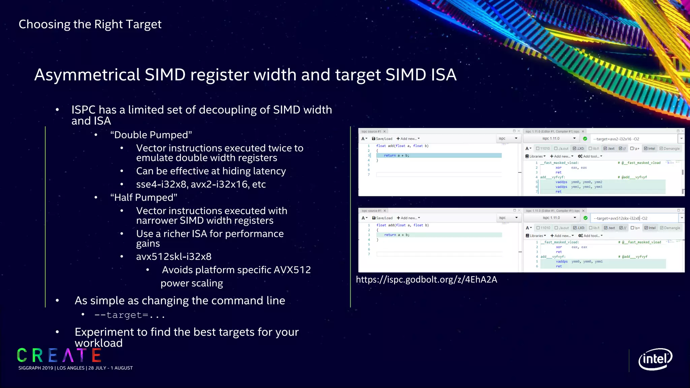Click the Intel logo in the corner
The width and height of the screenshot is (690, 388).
click(655, 359)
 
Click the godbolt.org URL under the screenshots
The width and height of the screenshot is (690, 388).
click(426, 280)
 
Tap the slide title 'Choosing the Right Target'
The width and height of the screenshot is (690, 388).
click(90, 24)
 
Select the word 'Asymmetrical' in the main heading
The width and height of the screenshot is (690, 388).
click(87, 75)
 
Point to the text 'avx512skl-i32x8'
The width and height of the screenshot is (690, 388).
click(174, 257)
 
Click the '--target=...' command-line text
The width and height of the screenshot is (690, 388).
click(130, 315)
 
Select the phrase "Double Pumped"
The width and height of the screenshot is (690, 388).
click(151, 135)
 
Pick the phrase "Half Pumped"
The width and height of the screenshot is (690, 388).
click(144, 198)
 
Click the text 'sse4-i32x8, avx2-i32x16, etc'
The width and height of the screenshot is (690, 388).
click(201, 185)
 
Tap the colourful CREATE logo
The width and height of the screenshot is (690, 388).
click(59, 355)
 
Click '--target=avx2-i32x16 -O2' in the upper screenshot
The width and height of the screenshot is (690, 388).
click(616, 139)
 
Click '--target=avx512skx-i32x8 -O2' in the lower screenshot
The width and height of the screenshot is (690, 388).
click(620, 218)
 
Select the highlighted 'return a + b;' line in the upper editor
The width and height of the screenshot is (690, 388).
click(396, 156)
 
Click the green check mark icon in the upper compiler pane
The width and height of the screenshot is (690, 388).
click(585, 139)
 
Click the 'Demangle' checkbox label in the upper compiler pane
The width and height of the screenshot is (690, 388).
click(671, 149)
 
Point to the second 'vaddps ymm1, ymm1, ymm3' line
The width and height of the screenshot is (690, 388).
click(578, 187)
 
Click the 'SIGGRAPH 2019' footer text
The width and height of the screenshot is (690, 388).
click(36, 368)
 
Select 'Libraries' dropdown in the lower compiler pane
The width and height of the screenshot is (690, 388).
click(536, 236)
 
